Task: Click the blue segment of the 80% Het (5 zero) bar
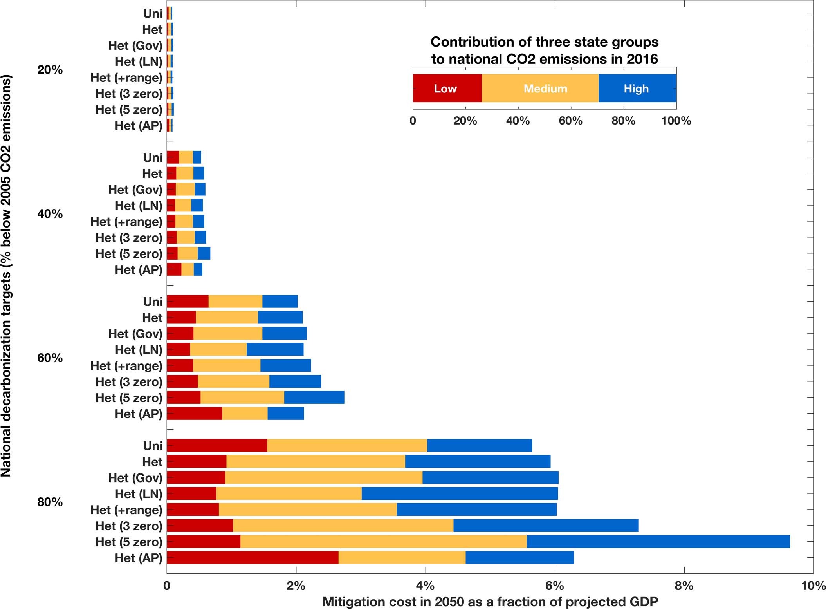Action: point(658,542)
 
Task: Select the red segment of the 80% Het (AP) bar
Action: point(252,558)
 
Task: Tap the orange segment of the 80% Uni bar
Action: point(347,446)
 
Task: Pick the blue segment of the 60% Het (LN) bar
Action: point(275,349)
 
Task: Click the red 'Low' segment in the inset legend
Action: point(446,89)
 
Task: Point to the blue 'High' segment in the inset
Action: point(637,89)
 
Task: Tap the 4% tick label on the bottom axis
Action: point(425,586)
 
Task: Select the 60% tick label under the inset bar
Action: point(570,121)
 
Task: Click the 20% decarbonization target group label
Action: point(50,70)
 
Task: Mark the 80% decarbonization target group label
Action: point(50,502)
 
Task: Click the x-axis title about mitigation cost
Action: point(490,602)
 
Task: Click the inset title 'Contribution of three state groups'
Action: point(544,42)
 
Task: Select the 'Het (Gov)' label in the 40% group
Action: point(135,190)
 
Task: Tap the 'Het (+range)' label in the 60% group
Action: point(126,366)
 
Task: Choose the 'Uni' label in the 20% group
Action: point(153,14)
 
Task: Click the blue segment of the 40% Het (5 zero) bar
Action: point(204,253)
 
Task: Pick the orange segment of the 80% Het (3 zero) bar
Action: point(343,526)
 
